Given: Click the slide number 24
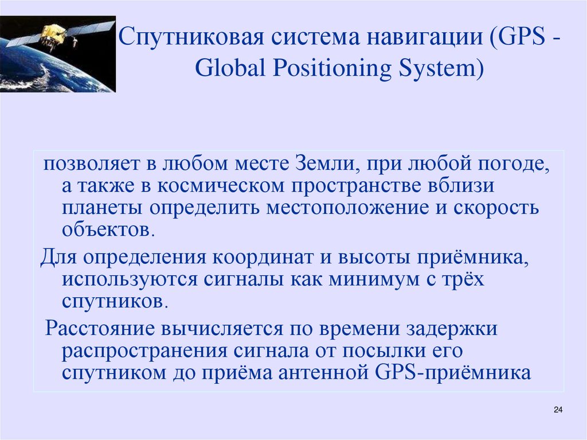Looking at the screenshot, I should click(x=559, y=410).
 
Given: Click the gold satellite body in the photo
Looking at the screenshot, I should click(x=54, y=34).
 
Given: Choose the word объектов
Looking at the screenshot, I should click(x=108, y=229).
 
